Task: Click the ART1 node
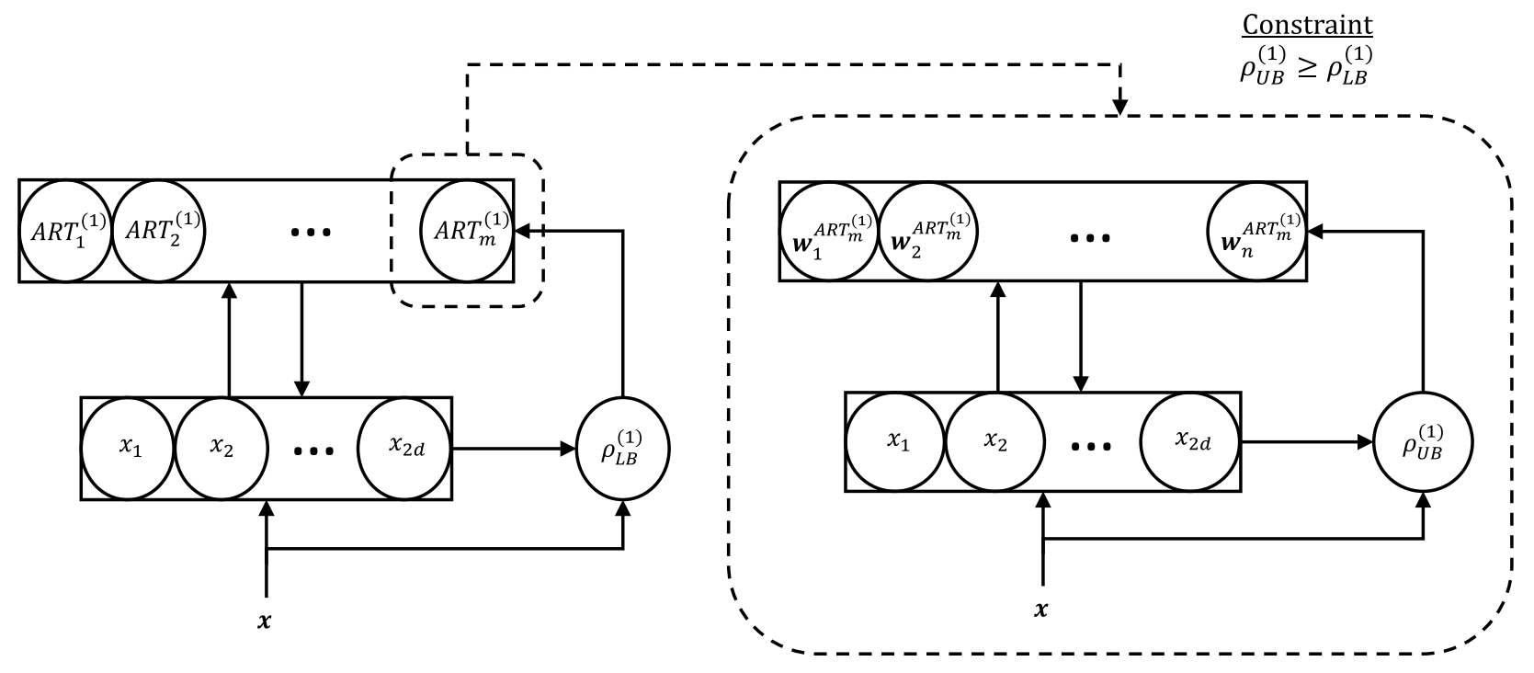coord(64,230)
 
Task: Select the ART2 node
coord(157,230)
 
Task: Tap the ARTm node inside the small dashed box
coord(464,230)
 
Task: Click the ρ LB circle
coord(623,450)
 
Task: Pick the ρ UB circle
coord(1422,442)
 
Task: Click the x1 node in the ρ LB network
coord(130,448)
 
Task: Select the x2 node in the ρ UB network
coord(994,442)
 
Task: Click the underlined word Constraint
coord(1307,25)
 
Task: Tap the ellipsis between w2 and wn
coord(1090,236)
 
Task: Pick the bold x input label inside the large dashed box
coord(1041,610)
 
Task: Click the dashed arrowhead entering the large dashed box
coord(1119,108)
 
